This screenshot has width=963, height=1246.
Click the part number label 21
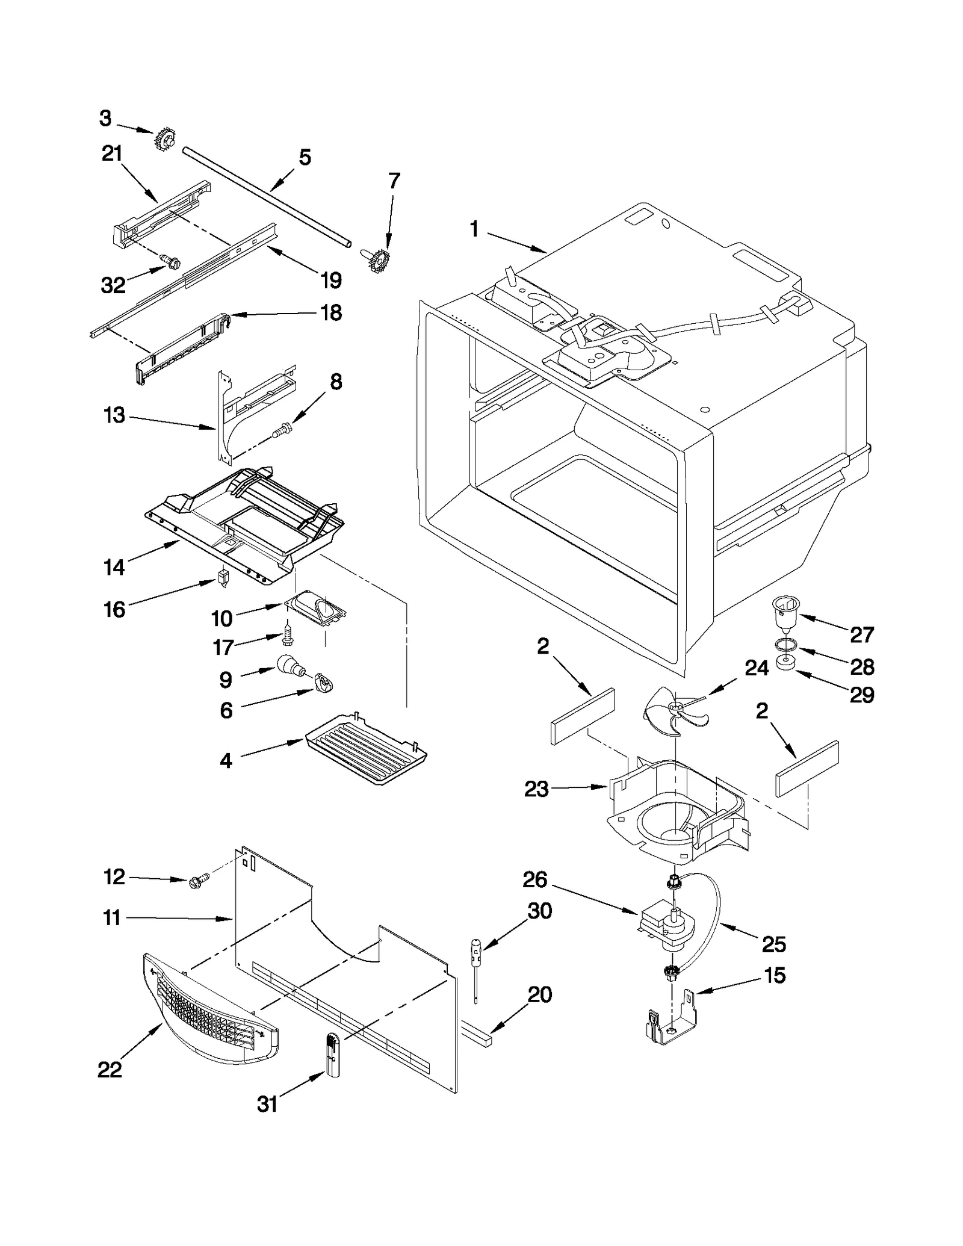coord(112,154)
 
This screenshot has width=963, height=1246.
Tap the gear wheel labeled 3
coord(163,141)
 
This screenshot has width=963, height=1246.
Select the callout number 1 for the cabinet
coord(474,229)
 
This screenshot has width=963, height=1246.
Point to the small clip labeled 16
coord(224,577)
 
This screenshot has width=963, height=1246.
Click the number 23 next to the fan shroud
coord(536,789)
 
